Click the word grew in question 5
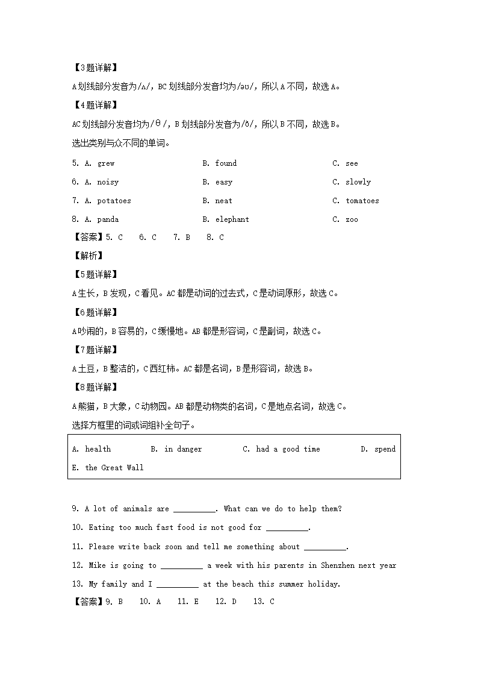click(x=106, y=163)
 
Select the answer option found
click(x=226, y=163)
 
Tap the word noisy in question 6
click(x=108, y=182)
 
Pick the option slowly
click(x=358, y=182)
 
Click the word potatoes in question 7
click(x=114, y=201)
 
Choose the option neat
click(x=223, y=201)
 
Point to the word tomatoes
click(x=362, y=201)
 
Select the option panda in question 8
click(x=108, y=219)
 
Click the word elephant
click(x=232, y=219)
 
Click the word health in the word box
click(x=98, y=449)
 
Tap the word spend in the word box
click(x=385, y=449)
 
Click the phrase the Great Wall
click(x=114, y=468)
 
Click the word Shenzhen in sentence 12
click(x=338, y=565)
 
